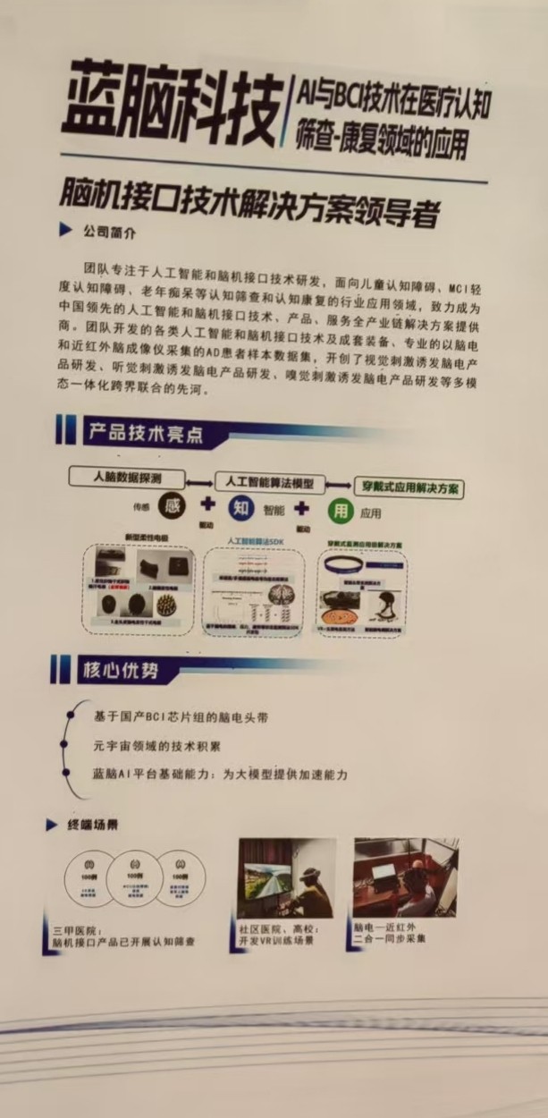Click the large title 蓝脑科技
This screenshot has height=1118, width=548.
pos(170,109)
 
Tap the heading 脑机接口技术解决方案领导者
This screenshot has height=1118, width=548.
pos(250,196)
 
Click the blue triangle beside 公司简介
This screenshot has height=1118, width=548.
pos(65,231)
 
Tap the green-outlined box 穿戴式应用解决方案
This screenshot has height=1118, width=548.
pos(409,488)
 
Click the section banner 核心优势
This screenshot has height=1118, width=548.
pos(117,669)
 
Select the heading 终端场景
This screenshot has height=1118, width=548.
pos(93,825)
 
